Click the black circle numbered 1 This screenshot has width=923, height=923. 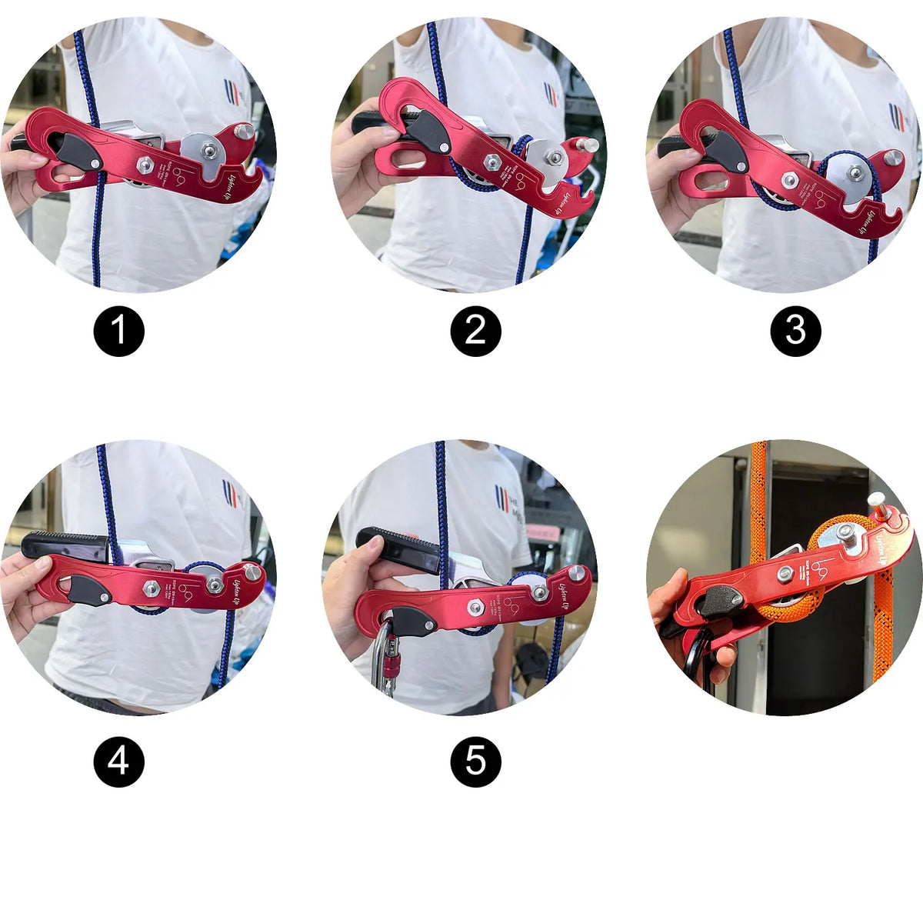click(118, 332)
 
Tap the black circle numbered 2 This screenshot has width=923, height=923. click(475, 332)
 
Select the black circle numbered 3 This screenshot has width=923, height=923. click(795, 332)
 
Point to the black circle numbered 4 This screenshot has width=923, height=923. click(118, 761)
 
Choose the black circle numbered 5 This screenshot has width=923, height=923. click(475, 761)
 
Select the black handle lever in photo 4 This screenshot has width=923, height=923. click(65, 545)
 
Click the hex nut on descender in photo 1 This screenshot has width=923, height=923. click(144, 164)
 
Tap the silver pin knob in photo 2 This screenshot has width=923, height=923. click(590, 144)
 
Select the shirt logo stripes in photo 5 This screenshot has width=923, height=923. click(503, 498)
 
